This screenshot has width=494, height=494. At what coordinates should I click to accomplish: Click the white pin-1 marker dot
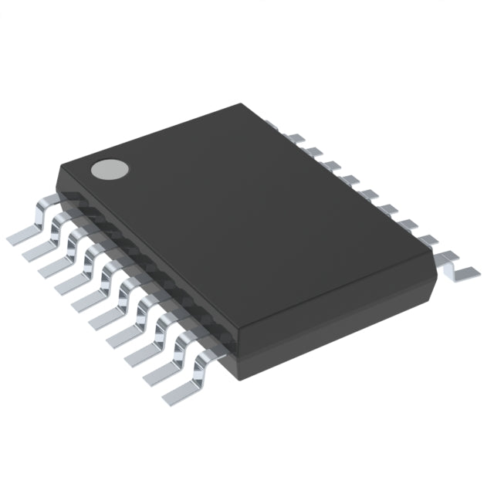click(x=107, y=169)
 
